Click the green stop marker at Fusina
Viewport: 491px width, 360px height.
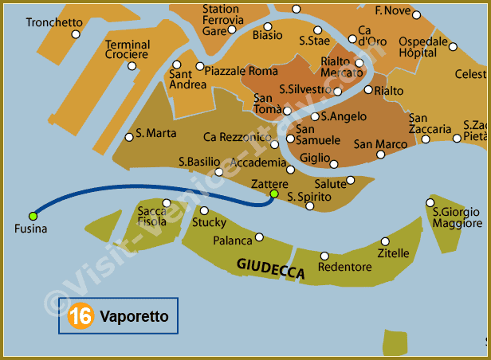click(33, 216)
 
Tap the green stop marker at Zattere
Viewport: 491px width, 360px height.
click(274, 194)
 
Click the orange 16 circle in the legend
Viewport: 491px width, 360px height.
click(80, 316)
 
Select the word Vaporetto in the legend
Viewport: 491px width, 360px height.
click(134, 316)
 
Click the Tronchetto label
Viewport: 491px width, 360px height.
click(53, 22)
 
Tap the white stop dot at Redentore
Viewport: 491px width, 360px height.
click(324, 256)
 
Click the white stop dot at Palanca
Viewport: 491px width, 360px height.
click(260, 237)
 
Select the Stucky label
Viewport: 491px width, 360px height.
click(209, 223)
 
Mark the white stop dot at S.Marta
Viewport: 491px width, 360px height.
click(129, 137)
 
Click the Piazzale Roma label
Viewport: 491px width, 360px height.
click(242, 71)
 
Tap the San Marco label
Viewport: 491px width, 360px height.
click(380, 144)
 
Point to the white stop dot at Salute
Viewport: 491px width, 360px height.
click(351, 180)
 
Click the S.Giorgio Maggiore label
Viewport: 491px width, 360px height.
click(457, 217)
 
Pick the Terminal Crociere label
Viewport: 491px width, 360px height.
click(128, 49)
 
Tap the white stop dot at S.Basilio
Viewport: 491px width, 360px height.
click(219, 171)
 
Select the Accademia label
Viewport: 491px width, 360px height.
click(257, 162)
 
